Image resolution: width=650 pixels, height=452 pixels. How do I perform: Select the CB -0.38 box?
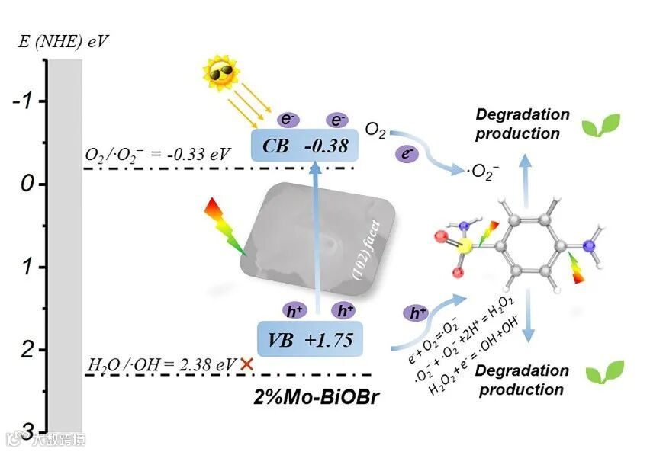(x=304, y=145)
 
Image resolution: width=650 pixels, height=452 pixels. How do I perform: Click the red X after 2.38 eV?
(x=246, y=364)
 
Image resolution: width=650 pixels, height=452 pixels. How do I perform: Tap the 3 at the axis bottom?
(x=24, y=428)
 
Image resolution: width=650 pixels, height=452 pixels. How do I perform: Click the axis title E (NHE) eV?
(x=63, y=40)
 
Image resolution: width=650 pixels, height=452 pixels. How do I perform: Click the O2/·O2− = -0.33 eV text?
(x=156, y=155)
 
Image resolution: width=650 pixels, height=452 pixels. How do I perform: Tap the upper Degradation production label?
(x=523, y=124)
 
